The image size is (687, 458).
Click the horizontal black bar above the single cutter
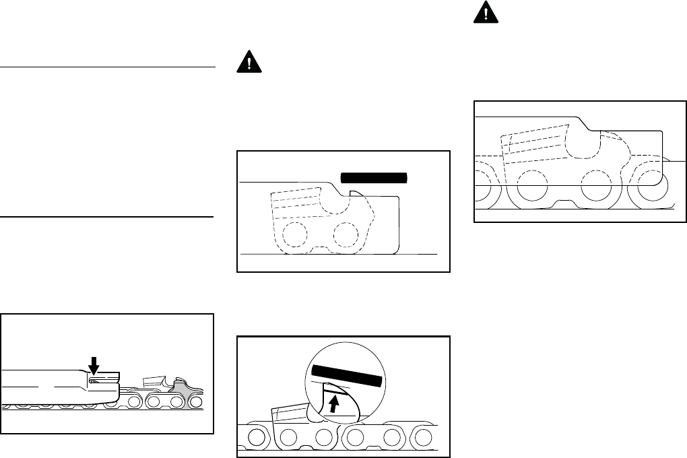pos(374,178)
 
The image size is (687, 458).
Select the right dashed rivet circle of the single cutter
pos(345,234)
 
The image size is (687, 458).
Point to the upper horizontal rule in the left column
pos(107,67)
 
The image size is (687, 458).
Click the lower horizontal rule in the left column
pos(107,217)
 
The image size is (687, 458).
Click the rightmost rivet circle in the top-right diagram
pos(651,183)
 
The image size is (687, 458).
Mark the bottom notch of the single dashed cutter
pos(318,251)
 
